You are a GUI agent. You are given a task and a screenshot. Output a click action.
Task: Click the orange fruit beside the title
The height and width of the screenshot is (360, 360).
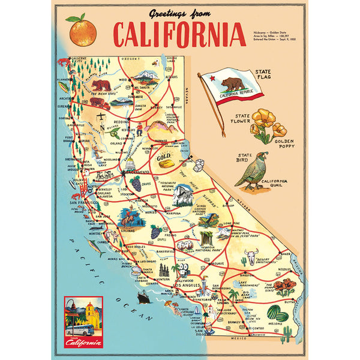point(83,31)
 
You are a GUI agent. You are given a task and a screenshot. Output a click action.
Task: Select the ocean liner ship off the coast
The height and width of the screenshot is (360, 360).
point(145,297)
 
